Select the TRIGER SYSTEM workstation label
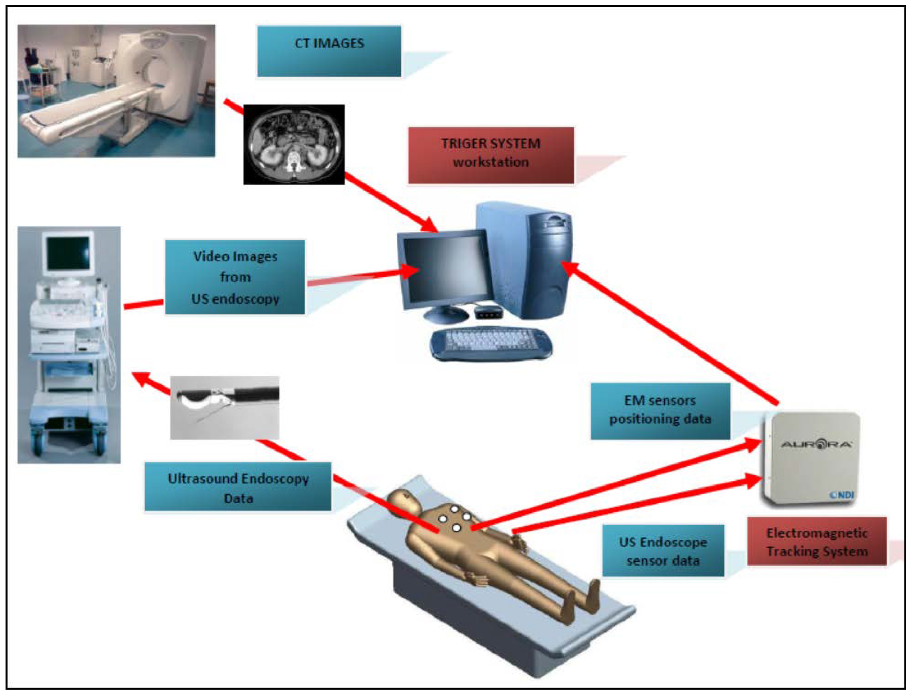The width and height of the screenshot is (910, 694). [490, 155]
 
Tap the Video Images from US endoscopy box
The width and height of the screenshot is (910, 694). [235, 277]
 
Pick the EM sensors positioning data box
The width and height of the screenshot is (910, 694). [660, 411]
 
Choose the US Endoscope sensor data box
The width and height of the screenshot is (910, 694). [663, 551]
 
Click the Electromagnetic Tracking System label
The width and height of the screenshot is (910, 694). [817, 542]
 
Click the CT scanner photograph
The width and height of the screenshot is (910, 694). [116, 91]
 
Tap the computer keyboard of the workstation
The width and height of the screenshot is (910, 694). [490, 343]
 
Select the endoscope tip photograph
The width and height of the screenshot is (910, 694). [225, 407]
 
